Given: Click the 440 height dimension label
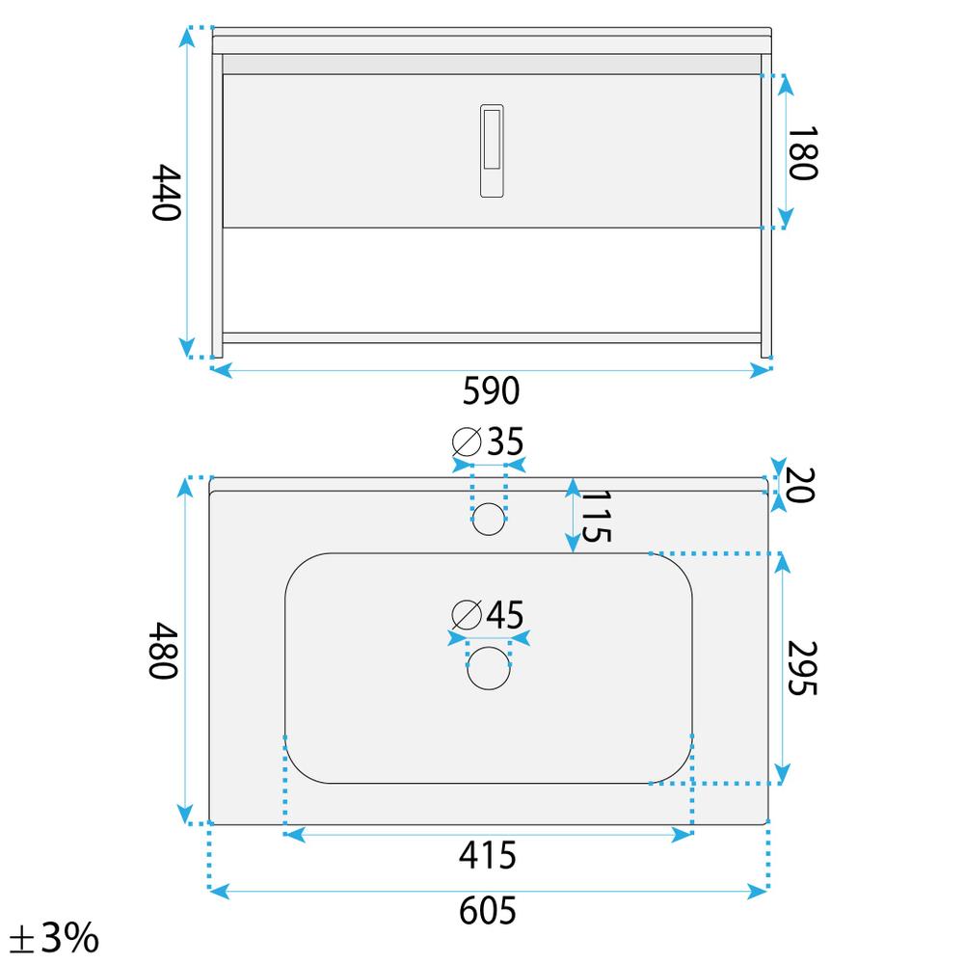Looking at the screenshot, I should [167, 193].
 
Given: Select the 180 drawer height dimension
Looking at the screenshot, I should [802, 152].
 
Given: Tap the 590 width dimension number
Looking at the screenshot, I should [491, 391].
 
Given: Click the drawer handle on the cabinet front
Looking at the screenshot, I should [491, 150].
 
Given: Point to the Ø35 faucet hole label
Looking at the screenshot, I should [488, 442].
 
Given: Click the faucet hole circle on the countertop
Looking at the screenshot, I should [490, 519].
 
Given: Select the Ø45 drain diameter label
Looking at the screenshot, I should [489, 613].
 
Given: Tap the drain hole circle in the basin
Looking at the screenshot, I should [489, 668].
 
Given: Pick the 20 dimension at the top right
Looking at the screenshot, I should [800, 485].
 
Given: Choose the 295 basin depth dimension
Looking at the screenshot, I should [802, 668].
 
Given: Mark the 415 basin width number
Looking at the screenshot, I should [488, 854].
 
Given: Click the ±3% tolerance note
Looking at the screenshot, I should [53, 936].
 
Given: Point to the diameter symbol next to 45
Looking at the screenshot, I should [467, 613].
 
